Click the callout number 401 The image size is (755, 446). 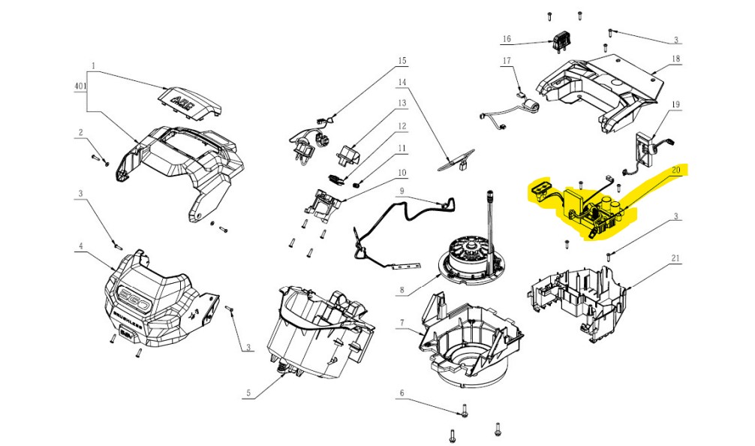click(x=81, y=86)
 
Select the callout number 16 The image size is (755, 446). click(x=506, y=38)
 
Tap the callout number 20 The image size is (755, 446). click(x=675, y=170)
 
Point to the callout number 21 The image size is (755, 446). click(x=675, y=260)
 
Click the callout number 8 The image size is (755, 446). click(x=402, y=288)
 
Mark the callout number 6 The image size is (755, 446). click(x=402, y=393)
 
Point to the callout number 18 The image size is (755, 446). click(x=675, y=59)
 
